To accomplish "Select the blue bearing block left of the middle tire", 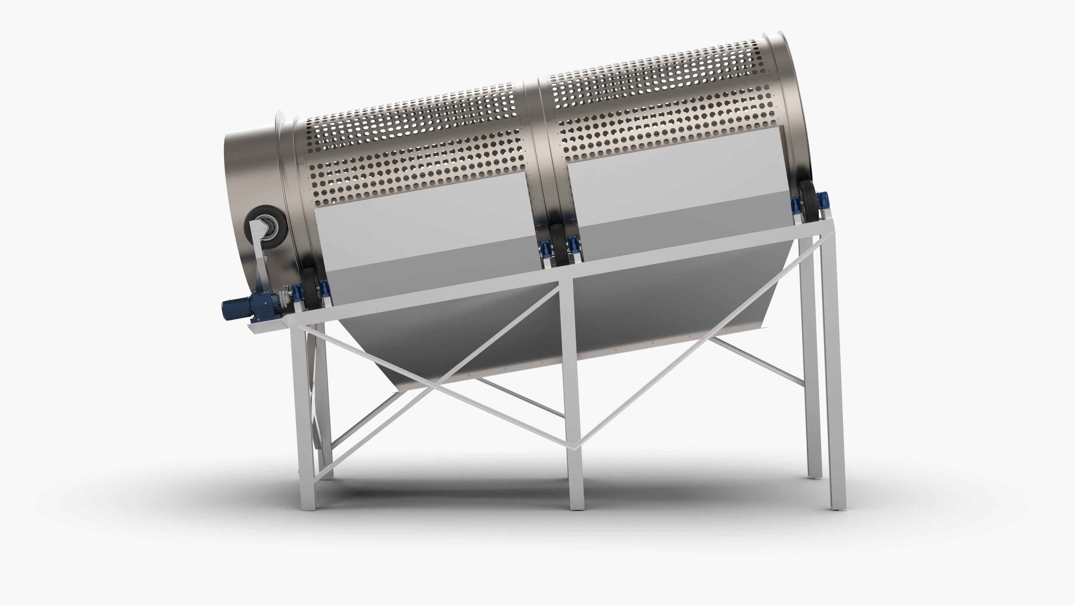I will click(x=544, y=249).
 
